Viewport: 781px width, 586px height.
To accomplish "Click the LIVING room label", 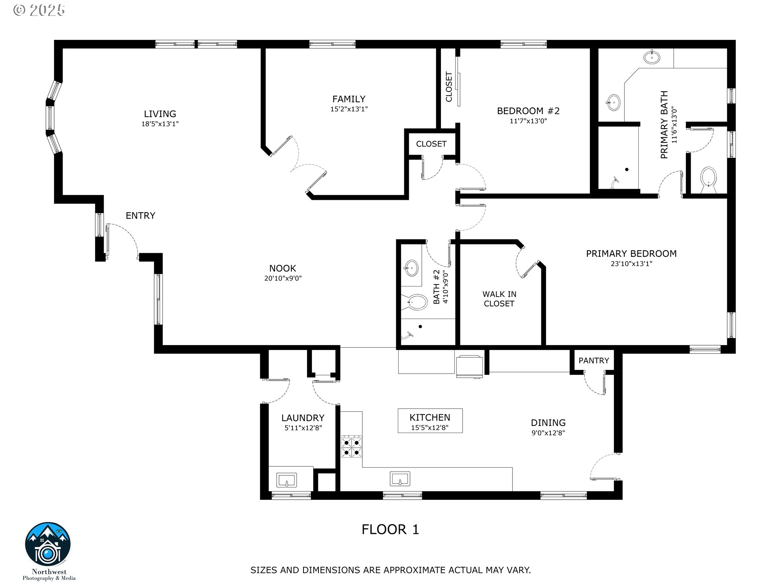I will tap(160, 114).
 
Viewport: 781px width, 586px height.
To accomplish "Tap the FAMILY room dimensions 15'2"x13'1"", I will tap(349, 109).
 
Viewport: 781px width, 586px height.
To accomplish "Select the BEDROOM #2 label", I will tap(528, 111).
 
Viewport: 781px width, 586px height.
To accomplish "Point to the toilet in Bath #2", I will tap(417, 302).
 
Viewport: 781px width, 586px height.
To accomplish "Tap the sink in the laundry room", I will tap(287, 479).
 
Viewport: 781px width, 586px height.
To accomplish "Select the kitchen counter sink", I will tap(400, 479).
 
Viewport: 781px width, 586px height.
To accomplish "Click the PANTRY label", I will tap(593, 361).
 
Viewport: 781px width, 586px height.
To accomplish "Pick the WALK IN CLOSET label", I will tap(499, 299).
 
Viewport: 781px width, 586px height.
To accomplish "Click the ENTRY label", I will tap(140, 216).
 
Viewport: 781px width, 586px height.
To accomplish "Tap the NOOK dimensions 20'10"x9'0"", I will tap(283, 279).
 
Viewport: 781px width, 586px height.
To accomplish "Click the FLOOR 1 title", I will tap(390, 529).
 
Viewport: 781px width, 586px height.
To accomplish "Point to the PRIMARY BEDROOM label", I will tap(631, 254).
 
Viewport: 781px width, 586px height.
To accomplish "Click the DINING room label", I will tap(548, 423).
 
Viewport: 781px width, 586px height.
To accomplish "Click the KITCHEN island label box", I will tap(430, 421).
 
